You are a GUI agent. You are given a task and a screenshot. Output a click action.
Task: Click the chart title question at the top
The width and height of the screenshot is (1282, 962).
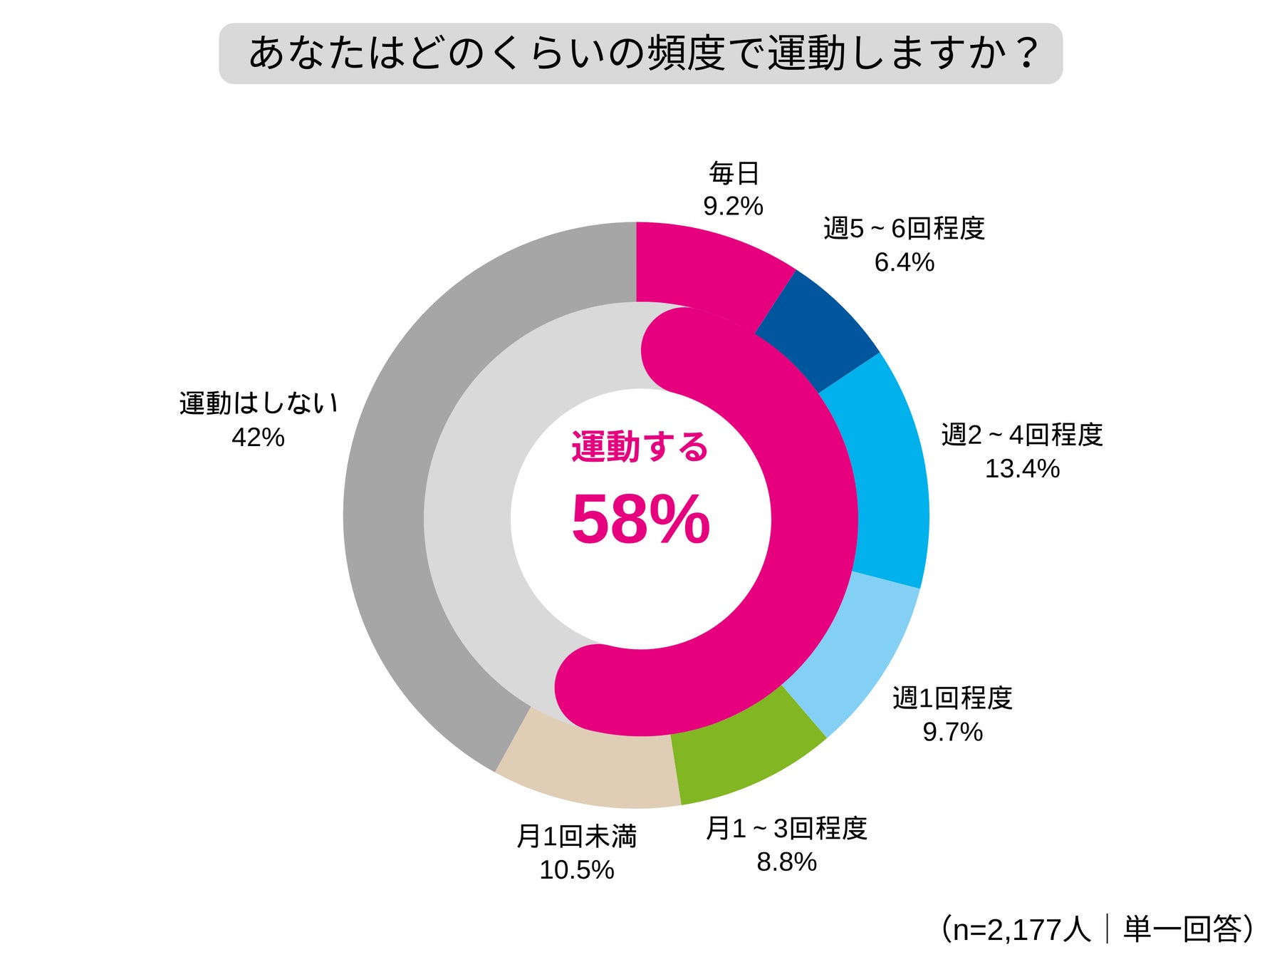point(640,53)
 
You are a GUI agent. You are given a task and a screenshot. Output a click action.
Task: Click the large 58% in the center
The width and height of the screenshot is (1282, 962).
point(640,520)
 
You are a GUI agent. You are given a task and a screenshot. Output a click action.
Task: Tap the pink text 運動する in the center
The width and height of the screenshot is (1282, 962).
point(640,448)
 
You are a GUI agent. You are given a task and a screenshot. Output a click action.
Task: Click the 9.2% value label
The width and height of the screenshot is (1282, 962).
point(733,207)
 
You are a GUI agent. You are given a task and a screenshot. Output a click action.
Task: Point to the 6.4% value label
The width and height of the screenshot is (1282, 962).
point(904,262)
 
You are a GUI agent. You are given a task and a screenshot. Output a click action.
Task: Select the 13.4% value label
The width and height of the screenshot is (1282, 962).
point(1022,468)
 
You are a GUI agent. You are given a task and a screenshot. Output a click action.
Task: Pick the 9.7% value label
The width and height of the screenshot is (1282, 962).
point(952,732)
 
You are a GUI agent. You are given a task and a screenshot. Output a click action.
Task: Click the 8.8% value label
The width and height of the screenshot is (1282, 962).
point(786,862)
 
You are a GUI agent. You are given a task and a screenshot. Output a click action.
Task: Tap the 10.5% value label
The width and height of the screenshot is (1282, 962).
point(576,870)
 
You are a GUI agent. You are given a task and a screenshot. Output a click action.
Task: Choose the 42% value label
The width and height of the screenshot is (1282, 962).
point(258,437)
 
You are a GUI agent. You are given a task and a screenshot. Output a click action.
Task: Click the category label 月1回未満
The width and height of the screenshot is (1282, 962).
point(576,837)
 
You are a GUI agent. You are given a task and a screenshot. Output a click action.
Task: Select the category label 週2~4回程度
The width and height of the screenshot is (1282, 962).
point(1022,435)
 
